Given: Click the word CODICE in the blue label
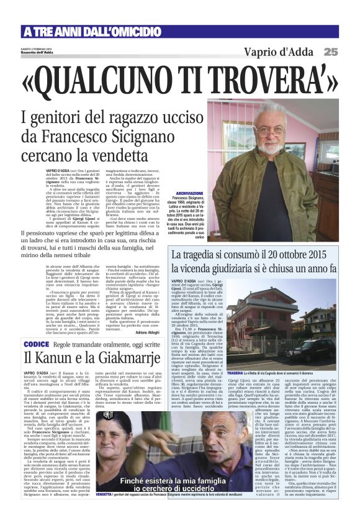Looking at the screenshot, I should pos(36,344).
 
